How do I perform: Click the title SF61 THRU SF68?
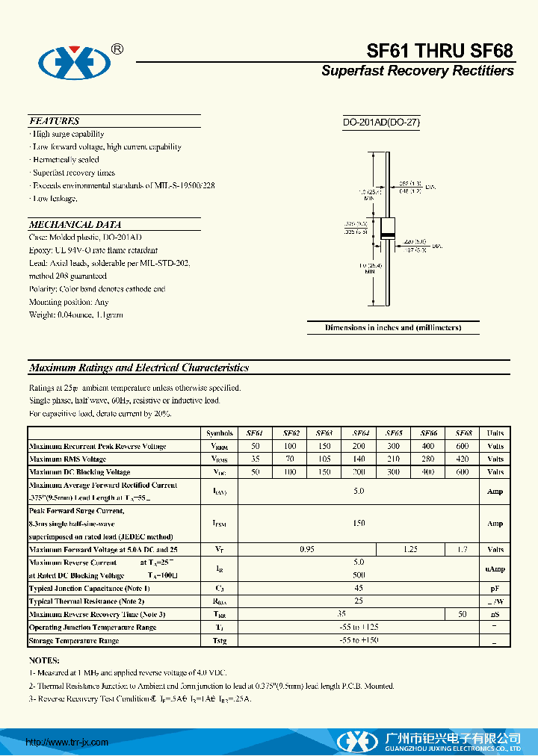[439, 50]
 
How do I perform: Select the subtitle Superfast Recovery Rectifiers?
[417, 71]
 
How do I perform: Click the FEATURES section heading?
[54, 121]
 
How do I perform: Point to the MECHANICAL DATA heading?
[75, 224]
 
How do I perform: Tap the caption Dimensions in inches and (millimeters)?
[393, 328]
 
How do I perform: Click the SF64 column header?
[359, 433]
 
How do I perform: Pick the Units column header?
[495, 433]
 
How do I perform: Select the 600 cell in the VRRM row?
[463, 446]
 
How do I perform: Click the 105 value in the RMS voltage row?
[324, 459]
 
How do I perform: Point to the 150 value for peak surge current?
[359, 524]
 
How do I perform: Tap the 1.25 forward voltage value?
[410, 549]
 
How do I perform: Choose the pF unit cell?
[495, 589]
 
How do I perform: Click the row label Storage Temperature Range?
[74, 641]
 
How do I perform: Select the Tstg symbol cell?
[219, 641]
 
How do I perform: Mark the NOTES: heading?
[44, 660]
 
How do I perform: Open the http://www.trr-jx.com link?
[67, 742]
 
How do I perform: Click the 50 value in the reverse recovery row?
[463, 614]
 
